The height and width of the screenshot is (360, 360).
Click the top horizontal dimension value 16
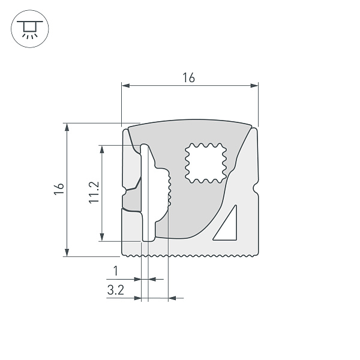[189, 78]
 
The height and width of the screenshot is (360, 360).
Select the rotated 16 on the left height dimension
[58, 190]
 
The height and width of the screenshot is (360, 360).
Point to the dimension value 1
[116, 271]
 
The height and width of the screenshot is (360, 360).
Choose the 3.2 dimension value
[115, 290]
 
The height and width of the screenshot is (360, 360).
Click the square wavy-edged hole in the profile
[206, 162]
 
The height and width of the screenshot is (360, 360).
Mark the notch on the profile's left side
[124, 193]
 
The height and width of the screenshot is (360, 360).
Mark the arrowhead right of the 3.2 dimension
[173, 297]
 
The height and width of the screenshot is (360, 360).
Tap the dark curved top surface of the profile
[189, 127]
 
